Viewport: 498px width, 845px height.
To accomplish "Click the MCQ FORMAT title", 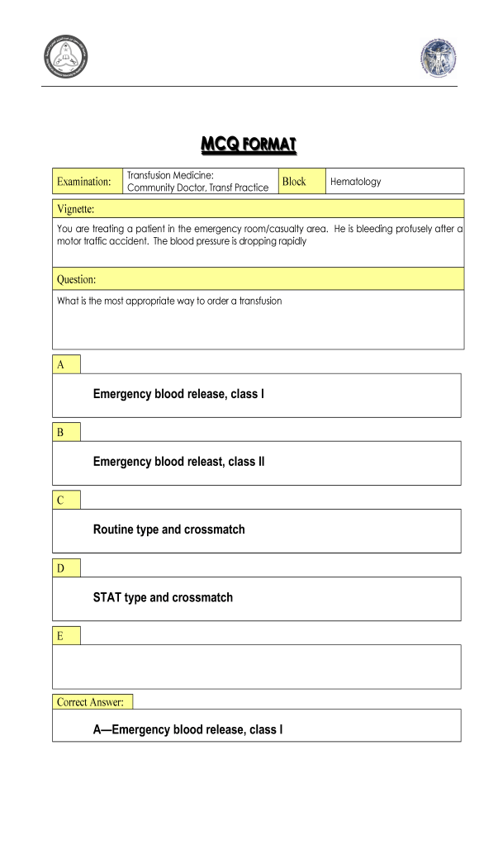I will pos(249,145).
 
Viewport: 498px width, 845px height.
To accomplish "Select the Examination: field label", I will pos(83,182).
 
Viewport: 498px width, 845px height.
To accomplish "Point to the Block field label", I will pos(294,181).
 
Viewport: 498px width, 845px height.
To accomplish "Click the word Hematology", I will pos(355,182).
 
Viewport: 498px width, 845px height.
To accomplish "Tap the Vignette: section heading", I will pos(76,208).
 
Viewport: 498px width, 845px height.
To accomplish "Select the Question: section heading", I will pos(77,280).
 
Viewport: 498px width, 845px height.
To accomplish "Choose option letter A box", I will pos(66,364).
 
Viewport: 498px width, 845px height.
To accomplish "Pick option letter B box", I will pos(66,432).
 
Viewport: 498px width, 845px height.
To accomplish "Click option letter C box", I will pos(66,500).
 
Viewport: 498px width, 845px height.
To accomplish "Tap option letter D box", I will pos(66,567).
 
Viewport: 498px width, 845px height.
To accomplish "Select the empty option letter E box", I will pos(66,635).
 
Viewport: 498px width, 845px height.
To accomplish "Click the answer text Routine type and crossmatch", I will pos(168,529).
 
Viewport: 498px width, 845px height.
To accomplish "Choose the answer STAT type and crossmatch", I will pos(163,597).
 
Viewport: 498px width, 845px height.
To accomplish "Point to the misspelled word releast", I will pos(203,462).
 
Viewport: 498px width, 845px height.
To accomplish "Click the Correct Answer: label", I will pos(90,702).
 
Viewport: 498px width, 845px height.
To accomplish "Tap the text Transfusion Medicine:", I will pos(170,174).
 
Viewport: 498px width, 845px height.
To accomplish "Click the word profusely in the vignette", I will pos(409,227).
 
